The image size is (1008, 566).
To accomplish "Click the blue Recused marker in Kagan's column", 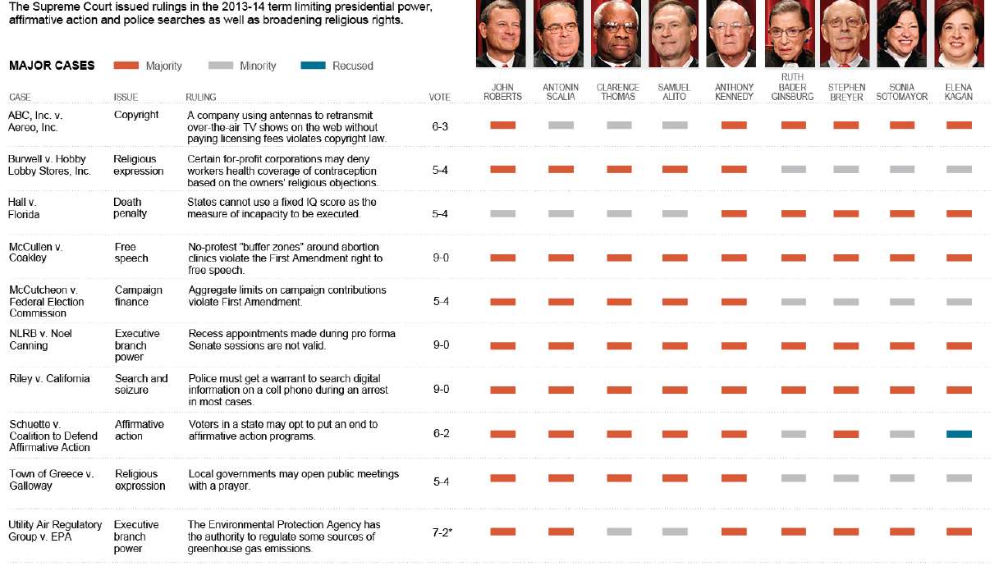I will [959, 433].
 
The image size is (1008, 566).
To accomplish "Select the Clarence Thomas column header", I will [618, 92].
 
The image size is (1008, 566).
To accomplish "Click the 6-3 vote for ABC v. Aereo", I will [441, 126].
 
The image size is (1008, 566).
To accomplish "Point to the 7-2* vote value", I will [442, 532].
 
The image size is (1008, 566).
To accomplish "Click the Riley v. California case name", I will [49, 379].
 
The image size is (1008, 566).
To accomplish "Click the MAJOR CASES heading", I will [51, 66].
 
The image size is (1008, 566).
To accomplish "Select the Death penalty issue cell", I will [130, 208].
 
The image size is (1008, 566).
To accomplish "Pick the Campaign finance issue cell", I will [138, 296].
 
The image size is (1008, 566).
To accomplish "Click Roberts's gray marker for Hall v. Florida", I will [503, 213].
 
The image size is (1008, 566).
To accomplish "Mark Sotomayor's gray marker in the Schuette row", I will [902, 433].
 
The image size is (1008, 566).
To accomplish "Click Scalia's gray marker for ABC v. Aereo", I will [561, 125].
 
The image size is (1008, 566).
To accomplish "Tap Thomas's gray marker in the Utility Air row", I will [620, 532].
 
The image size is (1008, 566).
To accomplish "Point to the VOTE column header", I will [440, 98].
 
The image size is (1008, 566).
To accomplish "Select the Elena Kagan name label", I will [959, 92].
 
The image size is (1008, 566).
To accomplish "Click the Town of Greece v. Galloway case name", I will [52, 480].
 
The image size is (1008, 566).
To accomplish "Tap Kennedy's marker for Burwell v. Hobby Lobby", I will [734, 169].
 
